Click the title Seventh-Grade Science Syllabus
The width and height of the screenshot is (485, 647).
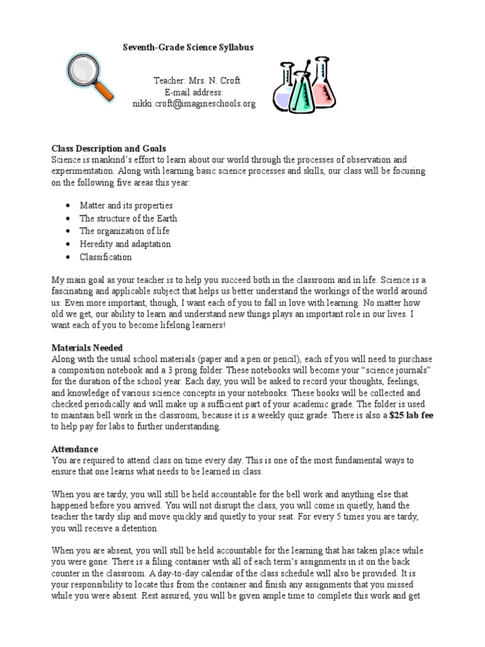(188, 47)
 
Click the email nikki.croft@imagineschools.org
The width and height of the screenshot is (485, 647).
(194, 104)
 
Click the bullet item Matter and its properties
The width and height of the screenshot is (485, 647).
(126, 205)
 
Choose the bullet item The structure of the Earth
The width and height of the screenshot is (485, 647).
(128, 218)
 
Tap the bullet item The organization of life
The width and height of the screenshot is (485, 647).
(124, 231)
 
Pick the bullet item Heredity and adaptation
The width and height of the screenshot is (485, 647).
(125, 244)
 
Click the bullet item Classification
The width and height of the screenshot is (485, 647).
(105, 257)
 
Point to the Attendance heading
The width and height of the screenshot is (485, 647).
(75, 449)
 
